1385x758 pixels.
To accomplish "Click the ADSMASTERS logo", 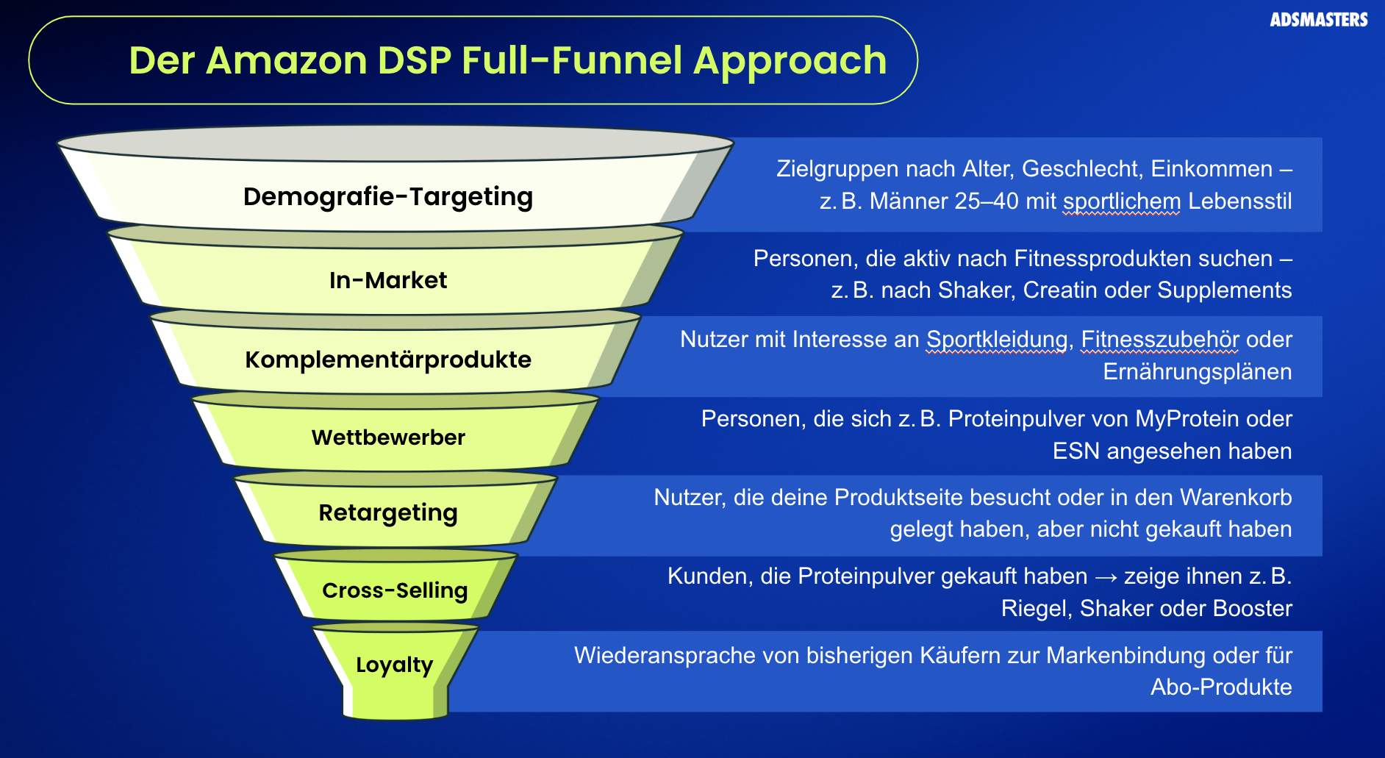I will click(x=1318, y=20).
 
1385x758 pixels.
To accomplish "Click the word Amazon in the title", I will click(x=286, y=60).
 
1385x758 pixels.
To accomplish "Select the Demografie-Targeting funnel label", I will click(x=388, y=197).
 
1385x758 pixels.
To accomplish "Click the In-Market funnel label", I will click(x=388, y=280).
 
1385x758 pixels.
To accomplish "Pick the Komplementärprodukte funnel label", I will click(x=388, y=360).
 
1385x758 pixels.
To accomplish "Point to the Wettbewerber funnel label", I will click(x=388, y=437).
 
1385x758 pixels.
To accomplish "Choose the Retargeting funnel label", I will click(x=388, y=512).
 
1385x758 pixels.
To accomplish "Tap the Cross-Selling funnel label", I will click(x=395, y=590).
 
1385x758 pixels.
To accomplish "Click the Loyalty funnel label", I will click(x=395, y=665).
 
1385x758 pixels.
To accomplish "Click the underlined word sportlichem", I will click(x=1122, y=201).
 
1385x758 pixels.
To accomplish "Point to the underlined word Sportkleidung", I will click(x=996, y=340).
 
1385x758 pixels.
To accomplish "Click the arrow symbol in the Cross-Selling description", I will click(x=1106, y=577).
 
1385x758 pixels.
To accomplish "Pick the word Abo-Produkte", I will click(x=1221, y=687).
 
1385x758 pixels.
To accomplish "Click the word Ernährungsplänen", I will click(x=1198, y=372).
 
